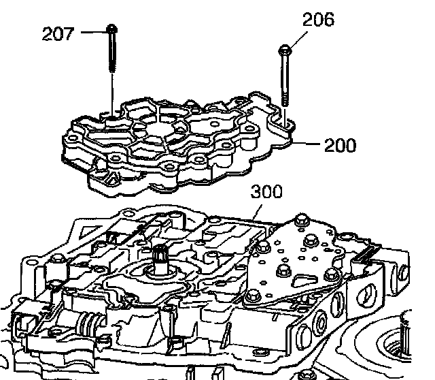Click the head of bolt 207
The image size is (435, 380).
[x=110, y=29]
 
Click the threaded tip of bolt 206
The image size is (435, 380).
[x=285, y=99]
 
